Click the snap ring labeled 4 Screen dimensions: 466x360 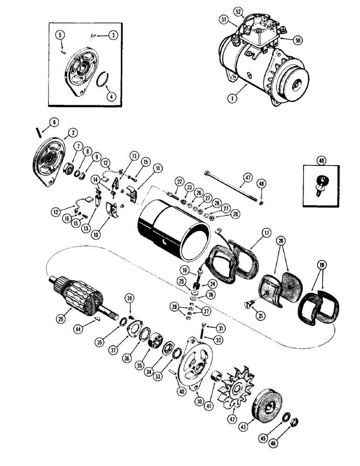click(x=104, y=80)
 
